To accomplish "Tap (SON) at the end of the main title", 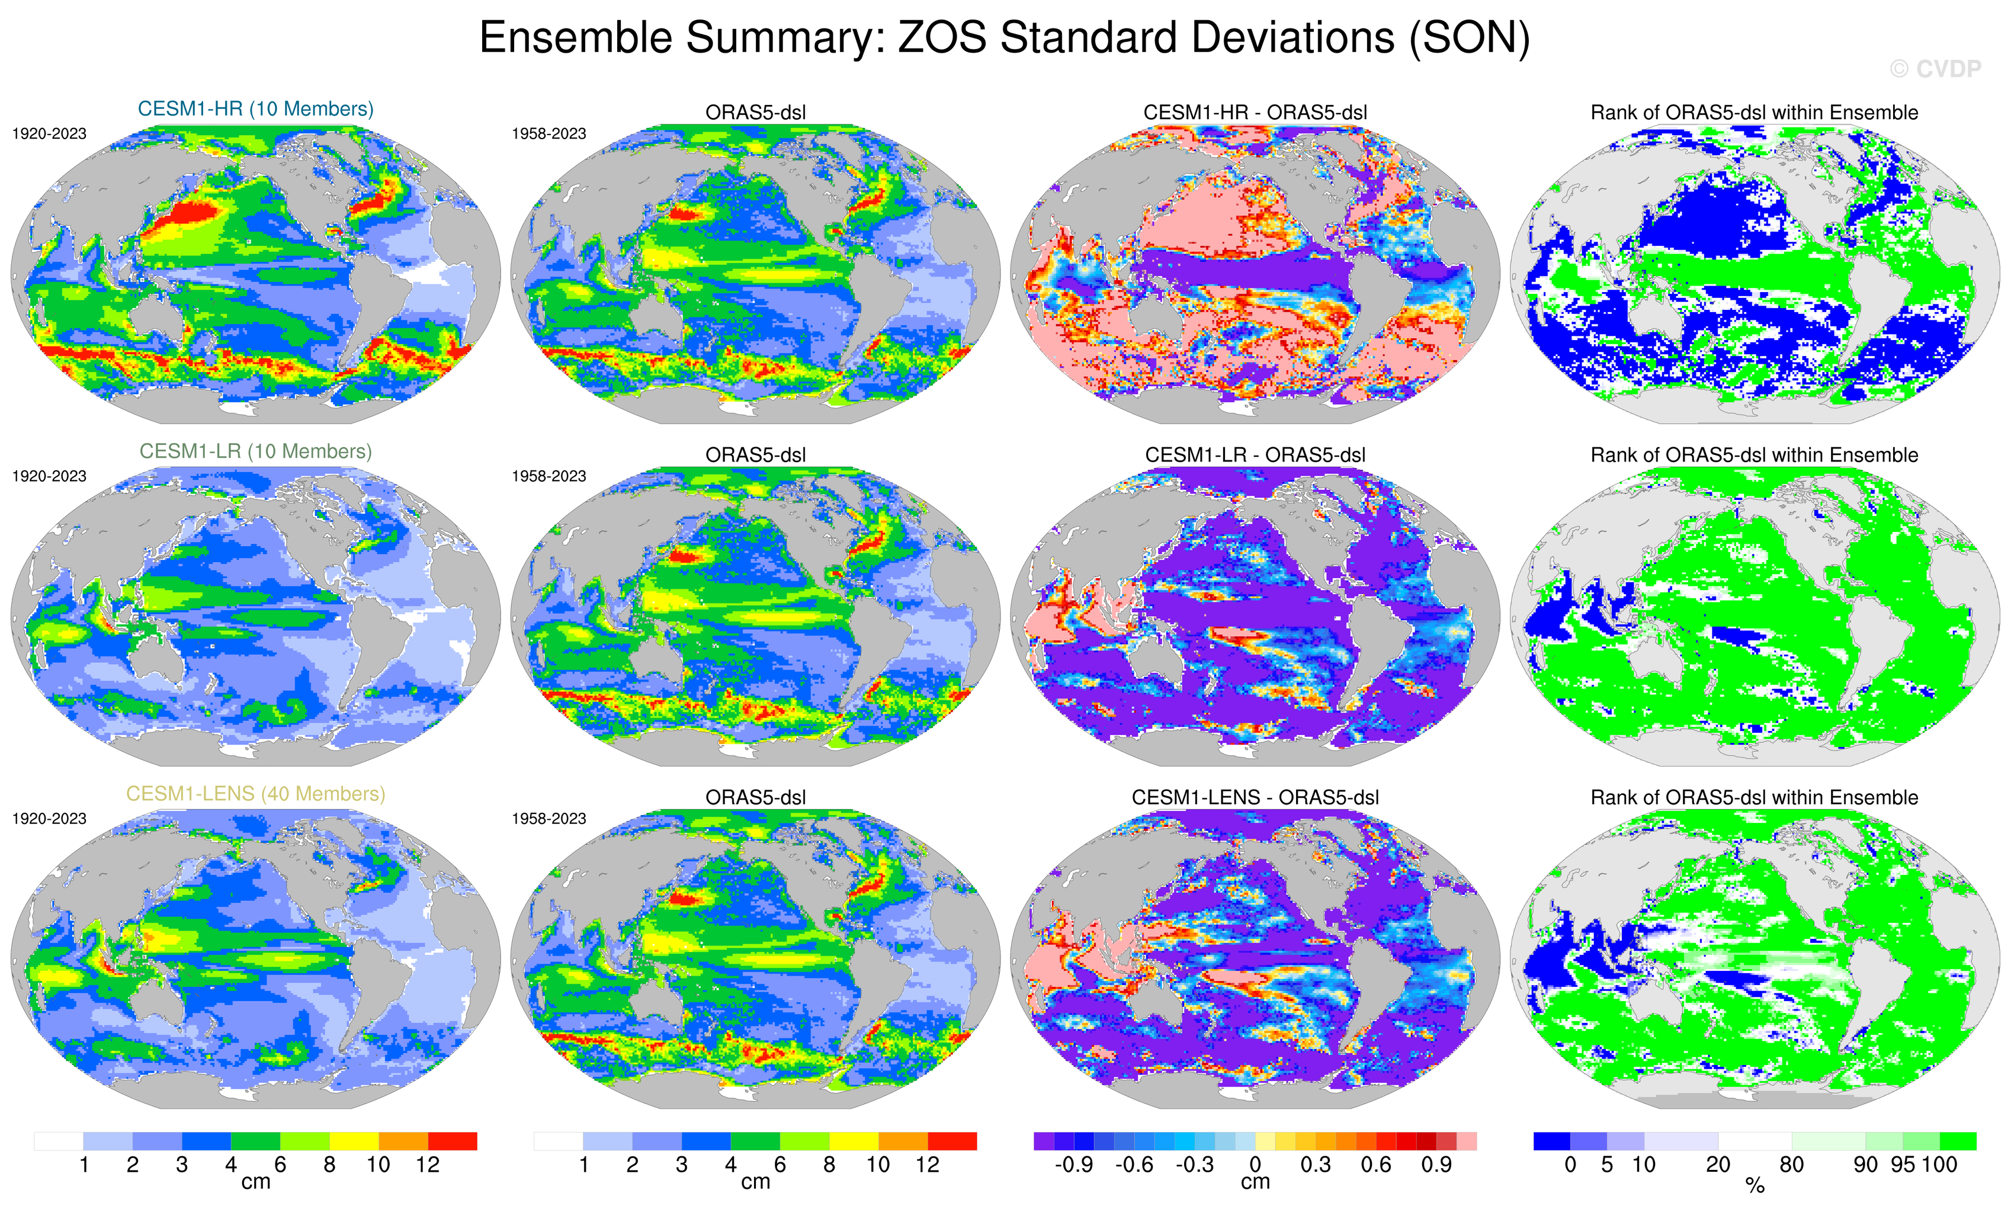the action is pos(1470,39).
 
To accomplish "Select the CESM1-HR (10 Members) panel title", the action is pos(255,110).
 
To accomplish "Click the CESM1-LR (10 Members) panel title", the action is pos(255,451).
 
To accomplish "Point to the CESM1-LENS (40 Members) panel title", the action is pos(255,794).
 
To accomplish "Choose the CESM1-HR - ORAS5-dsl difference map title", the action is pos(1255,113).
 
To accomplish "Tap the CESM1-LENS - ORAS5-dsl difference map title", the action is pos(1255,797).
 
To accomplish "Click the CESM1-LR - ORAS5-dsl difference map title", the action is pos(1255,456).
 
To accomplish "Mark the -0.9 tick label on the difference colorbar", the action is pos(1073,1165).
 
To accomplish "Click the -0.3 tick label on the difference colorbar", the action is pos(1194,1165).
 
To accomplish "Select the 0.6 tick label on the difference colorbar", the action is pos(1376,1165).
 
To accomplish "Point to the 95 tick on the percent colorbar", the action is pos(1903,1165).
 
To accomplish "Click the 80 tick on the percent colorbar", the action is pos(1791,1165).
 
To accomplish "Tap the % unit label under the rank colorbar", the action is pos(1755,1186).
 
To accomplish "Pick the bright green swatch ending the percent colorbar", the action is pos(1957,1141).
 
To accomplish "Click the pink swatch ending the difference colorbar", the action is pos(1467,1141).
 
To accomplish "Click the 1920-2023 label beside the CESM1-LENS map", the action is pos(49,819).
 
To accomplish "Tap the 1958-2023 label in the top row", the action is pos(549,134).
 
